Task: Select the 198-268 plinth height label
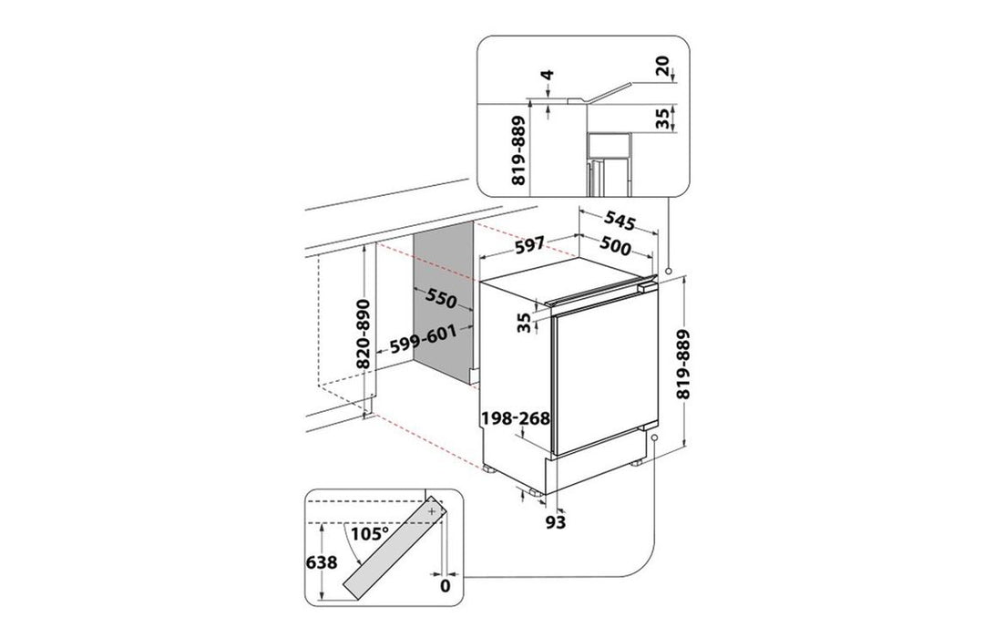tap(516, 418)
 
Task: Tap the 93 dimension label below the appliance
tap(556, 521)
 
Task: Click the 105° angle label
tap(370, 532)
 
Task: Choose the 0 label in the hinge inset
tap(446, 587)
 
